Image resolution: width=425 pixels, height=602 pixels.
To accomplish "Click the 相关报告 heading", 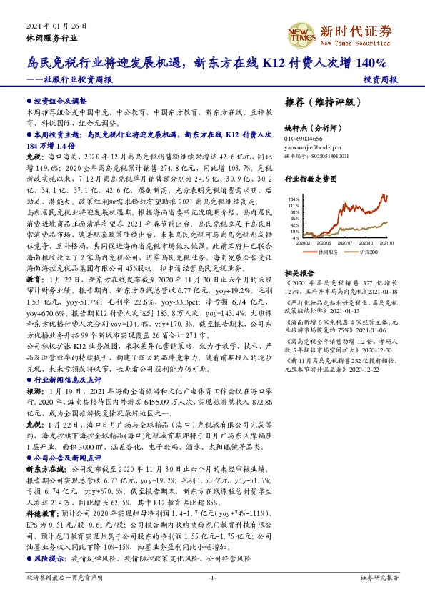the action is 299,274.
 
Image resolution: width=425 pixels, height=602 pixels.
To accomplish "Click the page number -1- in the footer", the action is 211,576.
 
